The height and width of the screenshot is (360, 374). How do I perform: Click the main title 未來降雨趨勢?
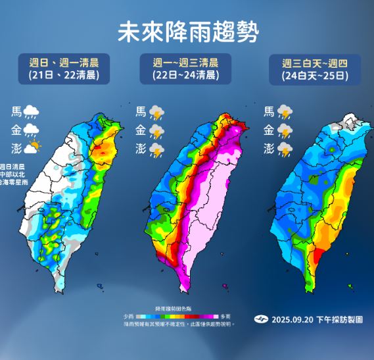[187, 30]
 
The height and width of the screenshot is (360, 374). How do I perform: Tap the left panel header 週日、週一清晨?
[64, 63]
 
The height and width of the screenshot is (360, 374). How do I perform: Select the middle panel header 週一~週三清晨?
[186, 63]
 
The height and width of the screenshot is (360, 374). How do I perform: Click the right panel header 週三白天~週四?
[314, 63]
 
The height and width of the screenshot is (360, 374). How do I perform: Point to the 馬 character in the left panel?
[16, 112]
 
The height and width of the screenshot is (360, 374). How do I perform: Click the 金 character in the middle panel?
[140, 130]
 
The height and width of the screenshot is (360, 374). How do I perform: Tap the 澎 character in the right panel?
[269, 149]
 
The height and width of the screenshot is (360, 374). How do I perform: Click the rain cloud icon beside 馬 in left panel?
[32, 113]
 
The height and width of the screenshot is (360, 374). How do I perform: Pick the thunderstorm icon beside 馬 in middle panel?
[156, 112]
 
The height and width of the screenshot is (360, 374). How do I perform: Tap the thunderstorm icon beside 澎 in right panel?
[285, 150]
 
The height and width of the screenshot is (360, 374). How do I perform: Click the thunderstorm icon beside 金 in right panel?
[285, 131]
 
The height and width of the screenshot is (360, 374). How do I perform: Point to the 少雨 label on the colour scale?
[128, 317]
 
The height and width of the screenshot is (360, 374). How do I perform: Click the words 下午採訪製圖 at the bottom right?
[343, 319]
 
